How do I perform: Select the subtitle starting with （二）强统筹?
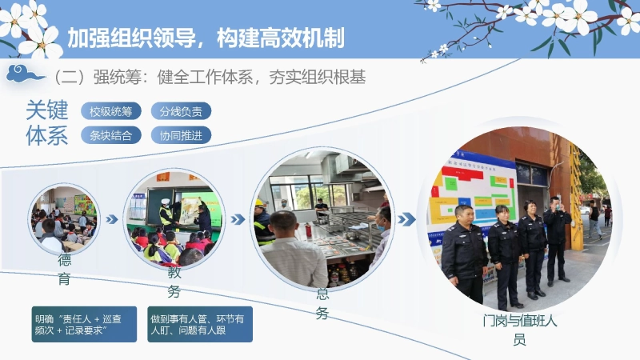pyautogui.click(x=208, y=78)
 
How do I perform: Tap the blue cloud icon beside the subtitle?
pyautogui.click(x=26, y=75)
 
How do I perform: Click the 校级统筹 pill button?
pyautogui.click(x=110, y=111)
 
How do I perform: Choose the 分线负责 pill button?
pyautogui.click(x=181, y=111)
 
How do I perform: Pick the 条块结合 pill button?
pyautogui.click(x=110, y=135)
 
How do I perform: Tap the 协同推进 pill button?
pyautogui.click(x=181, y=135)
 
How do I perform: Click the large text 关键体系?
pyautogui.click(x=46, y=122)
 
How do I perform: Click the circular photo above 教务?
pyautogui.click(x=174, y=217)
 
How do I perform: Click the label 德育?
pyautogui.click(x=64, y=269)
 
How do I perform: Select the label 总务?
pyautogui.click(x=322, y=303)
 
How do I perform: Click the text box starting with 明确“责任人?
pyautogui.click(x=84, y=324)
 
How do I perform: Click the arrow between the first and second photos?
pyautogui.click(x=113, y=218)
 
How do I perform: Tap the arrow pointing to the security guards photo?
pyautogui.click(x=406, y=219)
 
